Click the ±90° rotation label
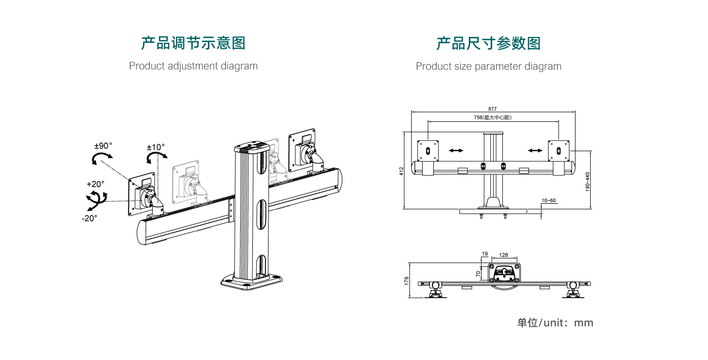point(103,146)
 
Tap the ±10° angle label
point(156,147)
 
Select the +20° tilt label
point(96,184)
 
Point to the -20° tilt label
point(89,218)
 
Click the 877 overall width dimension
point(493,109)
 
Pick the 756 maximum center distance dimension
point(493,117)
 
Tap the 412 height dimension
point(401,170)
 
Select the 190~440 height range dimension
point(587,182)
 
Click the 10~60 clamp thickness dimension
point(549,201)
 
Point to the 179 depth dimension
point(406,281)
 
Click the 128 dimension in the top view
point(503,255)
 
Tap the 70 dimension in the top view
point(478,273)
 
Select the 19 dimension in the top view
point(484,254)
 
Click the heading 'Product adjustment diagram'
point(193,66)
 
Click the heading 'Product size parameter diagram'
point(489,66)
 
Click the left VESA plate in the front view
point(428,150)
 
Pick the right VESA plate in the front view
point(559,150)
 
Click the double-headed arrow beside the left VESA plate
point(456,150)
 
